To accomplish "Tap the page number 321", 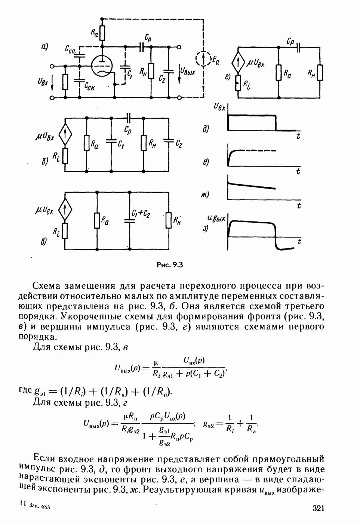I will tap(317, 508).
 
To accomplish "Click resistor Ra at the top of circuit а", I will tap(102, 33).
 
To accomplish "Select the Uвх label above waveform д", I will tap(219, 107).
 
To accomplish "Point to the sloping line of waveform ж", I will tap(254, 185).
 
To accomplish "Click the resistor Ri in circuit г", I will tap(238, 83).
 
